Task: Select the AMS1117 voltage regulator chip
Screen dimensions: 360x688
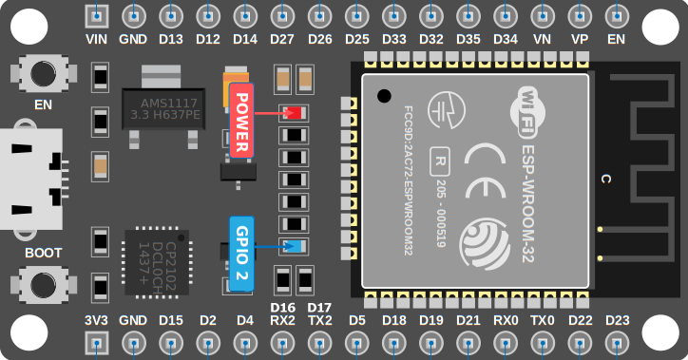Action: coord(162,107)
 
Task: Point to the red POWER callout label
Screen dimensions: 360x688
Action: coord(241,121)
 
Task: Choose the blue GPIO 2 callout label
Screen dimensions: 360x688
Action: coord(241,254)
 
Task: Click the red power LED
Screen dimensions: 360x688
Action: coord(293,112)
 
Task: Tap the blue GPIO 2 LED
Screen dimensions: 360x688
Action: coord(293,247)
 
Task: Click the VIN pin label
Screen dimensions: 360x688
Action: coord(97,40)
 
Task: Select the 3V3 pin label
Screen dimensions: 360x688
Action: coord(97,320)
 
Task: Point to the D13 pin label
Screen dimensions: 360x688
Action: coord(171,40)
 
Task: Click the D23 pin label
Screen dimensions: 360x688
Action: coord(617,320)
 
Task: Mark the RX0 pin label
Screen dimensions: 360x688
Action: coord(506,320)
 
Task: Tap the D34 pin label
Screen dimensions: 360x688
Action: coord(506,40)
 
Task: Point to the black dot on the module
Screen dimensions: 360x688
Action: coord(383,95)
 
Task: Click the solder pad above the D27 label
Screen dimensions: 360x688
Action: coord(282,16)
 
